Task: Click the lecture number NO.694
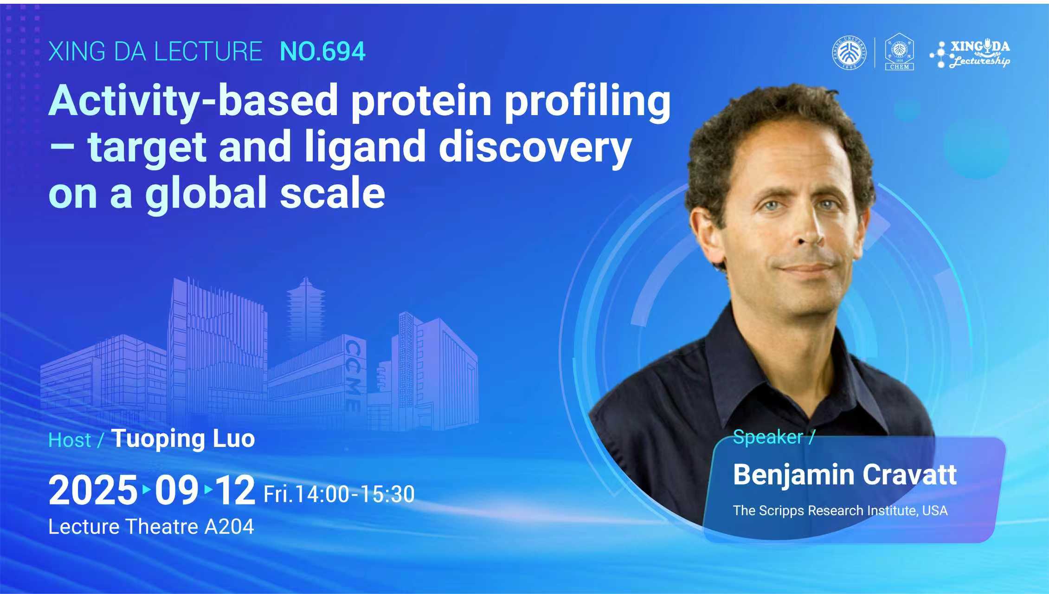pyautogui.click(x=323, y=52)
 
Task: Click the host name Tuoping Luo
pyautogui.click(x=183, y=439)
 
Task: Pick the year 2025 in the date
pyautogui.click(x=93, y=490)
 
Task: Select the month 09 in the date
pyautogui.click(x=176, y=490)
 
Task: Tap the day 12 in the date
pyautogui.click(x=236, y=490)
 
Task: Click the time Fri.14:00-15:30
pyautogui.click(x=339, y=494)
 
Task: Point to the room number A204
pyautogui.click(x=229, y=527)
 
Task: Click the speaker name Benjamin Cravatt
pyautogui.click(x=845, y=475)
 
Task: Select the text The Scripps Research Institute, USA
pyautogui.click(x=840, y=510)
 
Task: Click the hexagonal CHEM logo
pyautogui.click(x=900, y=52)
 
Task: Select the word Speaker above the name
pyautogui.click(x=768, y=437)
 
